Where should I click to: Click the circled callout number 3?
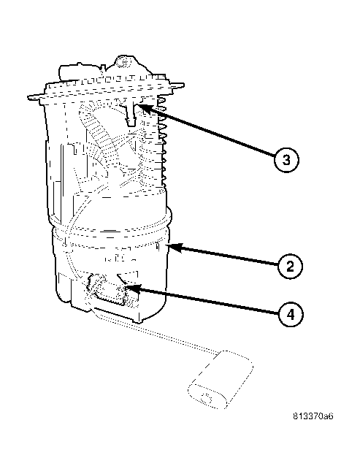[286, 160]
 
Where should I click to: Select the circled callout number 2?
[290, 267]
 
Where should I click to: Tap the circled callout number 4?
[291, 315]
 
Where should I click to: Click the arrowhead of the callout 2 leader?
[174, 246]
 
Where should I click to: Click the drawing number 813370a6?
[313, 416]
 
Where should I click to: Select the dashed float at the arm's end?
[220, 380]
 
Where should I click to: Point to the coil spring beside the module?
[162, 139]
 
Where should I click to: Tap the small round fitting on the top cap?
[123, 62]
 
